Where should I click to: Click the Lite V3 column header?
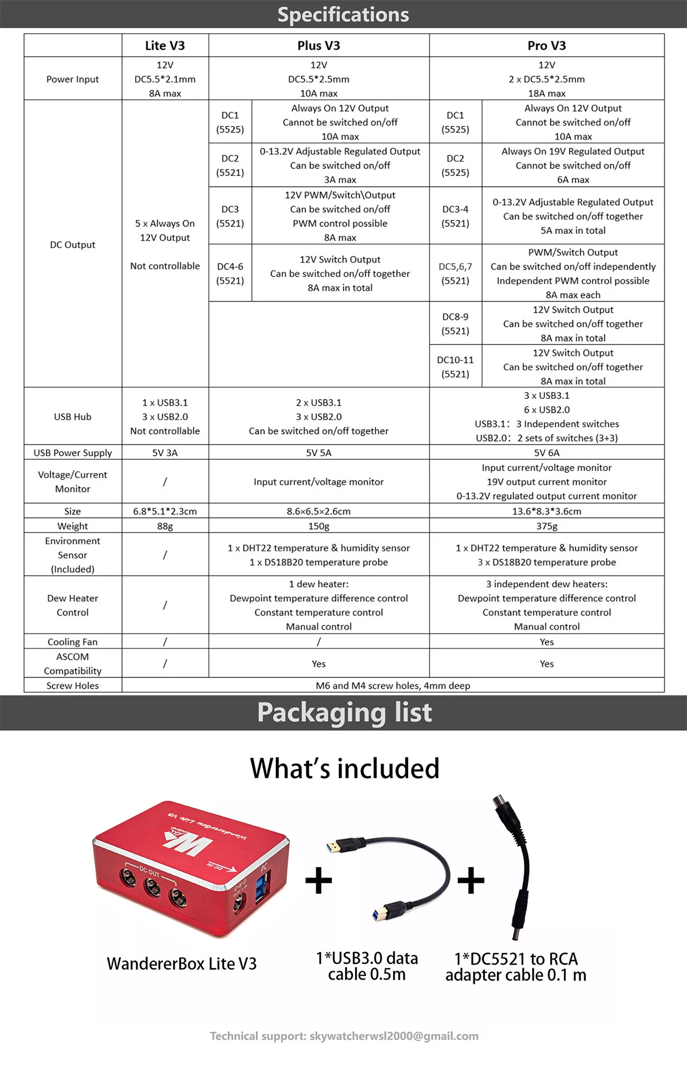(x=165, y=45)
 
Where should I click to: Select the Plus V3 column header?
(x=318, y=45)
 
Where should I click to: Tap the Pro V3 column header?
(x=546, y=45)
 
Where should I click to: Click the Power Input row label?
(x=73, y=79)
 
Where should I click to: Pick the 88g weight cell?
(x=165, y=526)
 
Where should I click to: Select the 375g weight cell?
(x=546, y=526)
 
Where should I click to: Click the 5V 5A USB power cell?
(x=318, y=452)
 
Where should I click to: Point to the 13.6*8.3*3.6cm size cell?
(x=546, y=511)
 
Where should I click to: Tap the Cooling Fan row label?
(x=73, y=642)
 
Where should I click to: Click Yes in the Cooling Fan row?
(x=546, y=642)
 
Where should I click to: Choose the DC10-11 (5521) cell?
(x=455, y=367)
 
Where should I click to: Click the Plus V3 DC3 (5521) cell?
(x=230, y=216)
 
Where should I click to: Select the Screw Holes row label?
(x=73, y=685)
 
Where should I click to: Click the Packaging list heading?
(x=344, y=712)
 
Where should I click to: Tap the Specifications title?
(x=343, y=14)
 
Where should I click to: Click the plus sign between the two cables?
(x=471, y=880)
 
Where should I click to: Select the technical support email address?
(x=394, y=1036)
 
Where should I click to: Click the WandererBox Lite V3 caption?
(x=181, y=963)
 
